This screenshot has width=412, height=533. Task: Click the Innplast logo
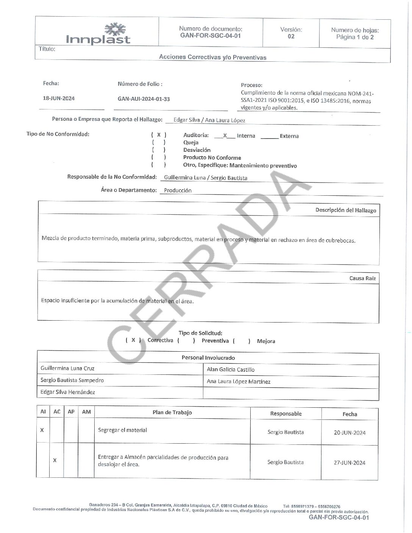click(98, 34)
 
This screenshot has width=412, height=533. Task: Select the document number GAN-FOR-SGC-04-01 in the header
click(210, 36)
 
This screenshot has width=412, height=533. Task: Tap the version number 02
click(291, 36)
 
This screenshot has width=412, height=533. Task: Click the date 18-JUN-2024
click(59, 98)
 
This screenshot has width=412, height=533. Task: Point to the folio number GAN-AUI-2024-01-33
click(144, 99)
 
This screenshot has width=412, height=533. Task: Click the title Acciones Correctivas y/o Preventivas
click(212, 57)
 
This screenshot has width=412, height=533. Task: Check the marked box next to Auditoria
click(159, 135)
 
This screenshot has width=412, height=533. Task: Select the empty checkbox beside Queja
click(159, 143)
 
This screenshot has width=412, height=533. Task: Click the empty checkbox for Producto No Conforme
click(159, 157)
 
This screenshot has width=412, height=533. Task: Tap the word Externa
click(289, 136)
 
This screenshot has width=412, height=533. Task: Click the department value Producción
click(178, 190)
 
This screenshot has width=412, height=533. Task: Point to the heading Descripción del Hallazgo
click(345, 210)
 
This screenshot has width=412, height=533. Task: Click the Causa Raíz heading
click(362, 278)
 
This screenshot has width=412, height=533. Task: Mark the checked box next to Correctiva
click(133, 340)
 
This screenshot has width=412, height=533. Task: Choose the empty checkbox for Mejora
click(242, 341)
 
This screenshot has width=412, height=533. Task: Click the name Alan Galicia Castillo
click(231, 369)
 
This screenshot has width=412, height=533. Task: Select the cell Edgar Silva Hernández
click(68, 392)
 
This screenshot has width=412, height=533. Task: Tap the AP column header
click(71, 412)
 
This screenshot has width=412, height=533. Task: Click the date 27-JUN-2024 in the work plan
click(349, 463)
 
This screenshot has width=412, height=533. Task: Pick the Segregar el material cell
click(122, 430)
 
